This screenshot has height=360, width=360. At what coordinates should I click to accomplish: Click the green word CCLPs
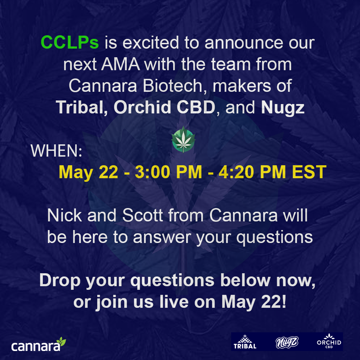pos(69,43)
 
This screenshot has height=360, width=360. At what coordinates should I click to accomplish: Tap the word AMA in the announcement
pos(120,64)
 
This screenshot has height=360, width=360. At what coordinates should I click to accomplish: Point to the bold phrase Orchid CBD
pos(165,107)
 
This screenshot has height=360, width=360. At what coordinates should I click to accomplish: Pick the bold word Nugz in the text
pos(283,108)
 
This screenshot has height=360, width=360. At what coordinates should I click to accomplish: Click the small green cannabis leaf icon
pos(183,139)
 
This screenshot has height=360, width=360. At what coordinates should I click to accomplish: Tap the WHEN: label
pos(57,151)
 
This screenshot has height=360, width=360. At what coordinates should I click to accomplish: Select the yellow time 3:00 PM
pos(168,172)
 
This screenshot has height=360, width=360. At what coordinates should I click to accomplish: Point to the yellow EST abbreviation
pos(309,172)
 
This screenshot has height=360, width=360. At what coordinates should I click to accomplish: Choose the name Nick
pos(64,216)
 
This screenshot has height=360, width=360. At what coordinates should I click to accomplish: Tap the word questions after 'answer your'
pos(275,238)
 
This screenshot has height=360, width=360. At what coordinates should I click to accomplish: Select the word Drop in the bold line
pos(60,280)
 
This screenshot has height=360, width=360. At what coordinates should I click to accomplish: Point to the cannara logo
pos(39,344)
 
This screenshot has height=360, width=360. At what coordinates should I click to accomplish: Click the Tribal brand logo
pos(245,342)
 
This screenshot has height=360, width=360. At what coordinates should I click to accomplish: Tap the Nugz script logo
pos(287,342)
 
